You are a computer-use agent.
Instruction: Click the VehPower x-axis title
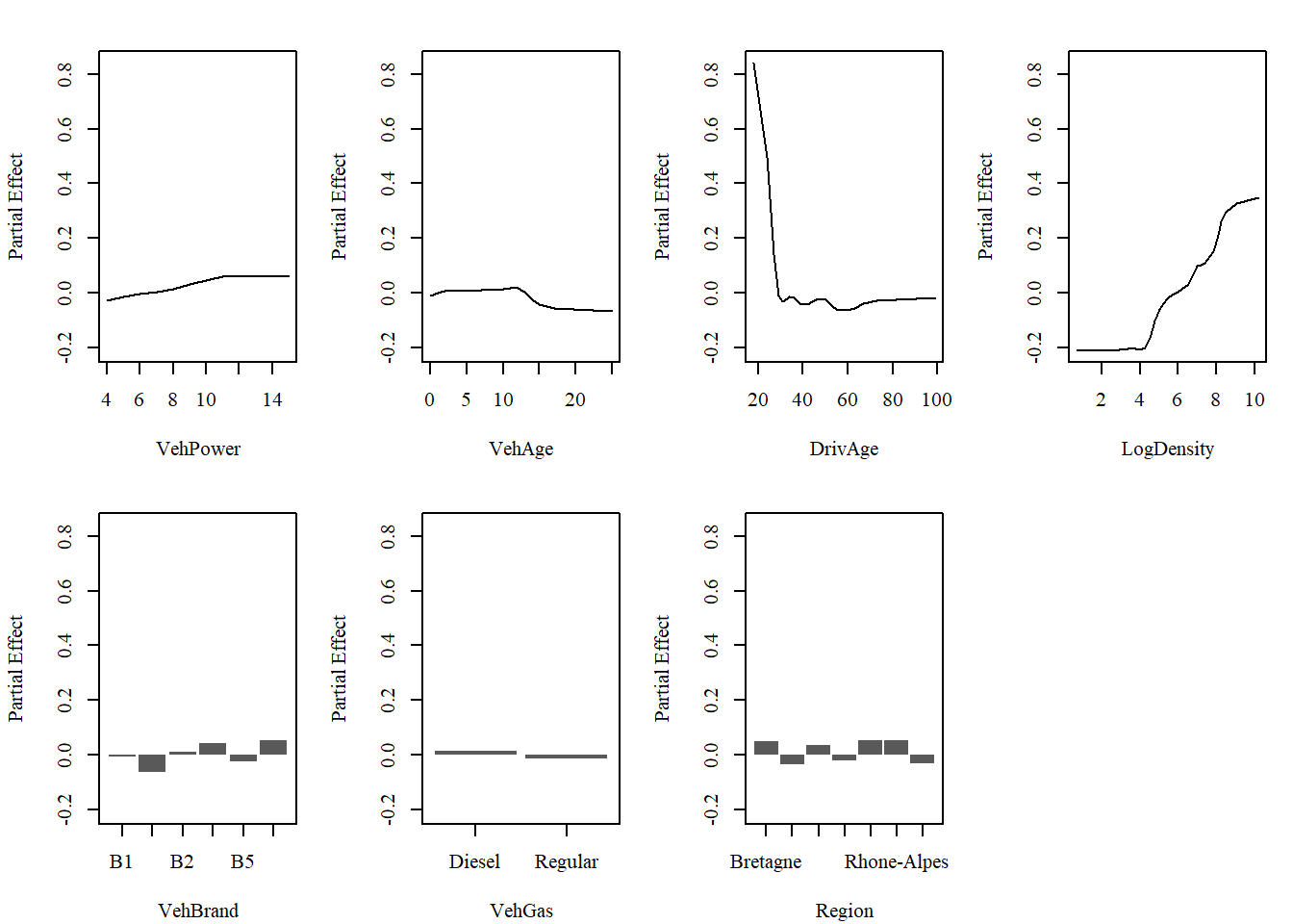tap(198, 449)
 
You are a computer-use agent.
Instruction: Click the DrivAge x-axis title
tap(844, 449)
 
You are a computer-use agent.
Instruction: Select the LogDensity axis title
tap(1167, 449)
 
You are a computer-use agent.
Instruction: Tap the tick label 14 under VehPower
tap(272, 399)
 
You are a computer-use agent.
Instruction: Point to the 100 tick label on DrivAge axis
tap(936, 399)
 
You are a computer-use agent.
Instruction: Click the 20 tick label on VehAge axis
tap(574, 399)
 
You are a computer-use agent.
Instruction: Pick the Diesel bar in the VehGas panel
tap(475, 753)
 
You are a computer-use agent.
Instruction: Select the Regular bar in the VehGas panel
tap(566, 757)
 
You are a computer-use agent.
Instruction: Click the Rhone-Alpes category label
tap(896, 861)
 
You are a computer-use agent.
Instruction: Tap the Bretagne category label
tap(765, 861)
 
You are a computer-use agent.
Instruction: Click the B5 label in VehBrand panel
tap(242, 861)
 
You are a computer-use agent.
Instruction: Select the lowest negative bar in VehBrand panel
tap(152, 763)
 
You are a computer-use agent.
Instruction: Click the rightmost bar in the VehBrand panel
tap(273, 748)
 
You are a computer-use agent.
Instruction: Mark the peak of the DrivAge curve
tap(753, 64)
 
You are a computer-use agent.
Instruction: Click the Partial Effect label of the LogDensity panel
tap(985, 206)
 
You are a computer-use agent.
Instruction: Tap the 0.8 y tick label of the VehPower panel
tap(65, 74)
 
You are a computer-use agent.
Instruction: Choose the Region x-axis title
tap(844, 911)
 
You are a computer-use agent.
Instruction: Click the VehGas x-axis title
tap(520, 911)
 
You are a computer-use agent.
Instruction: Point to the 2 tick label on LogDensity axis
tap(1101, 399)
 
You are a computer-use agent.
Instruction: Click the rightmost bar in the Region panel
tap(922, 758)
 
